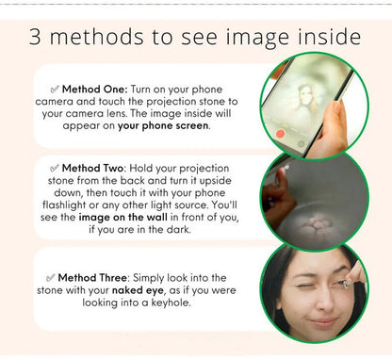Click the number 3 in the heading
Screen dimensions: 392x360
[35, 37]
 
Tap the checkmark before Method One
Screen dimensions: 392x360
[55, 90]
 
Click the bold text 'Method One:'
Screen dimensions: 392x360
[95, 90]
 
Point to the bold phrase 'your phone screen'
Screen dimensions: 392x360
[163, 125]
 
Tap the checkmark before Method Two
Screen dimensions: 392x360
[55, 169]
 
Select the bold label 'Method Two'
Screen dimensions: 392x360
[92, 168]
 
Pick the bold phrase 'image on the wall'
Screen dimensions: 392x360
[122, 217]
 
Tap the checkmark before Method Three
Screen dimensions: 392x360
[51, 278]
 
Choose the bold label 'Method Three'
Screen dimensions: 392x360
[92, 278]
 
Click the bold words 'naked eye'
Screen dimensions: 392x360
[138, 290]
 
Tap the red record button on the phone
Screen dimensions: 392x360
[280, 134]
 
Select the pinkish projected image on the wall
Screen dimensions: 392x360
[318, 225]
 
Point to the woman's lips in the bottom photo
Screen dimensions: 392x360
[323, 323]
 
